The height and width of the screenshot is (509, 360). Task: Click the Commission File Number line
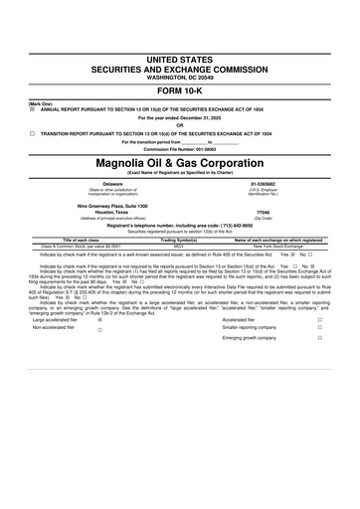[180, 148]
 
